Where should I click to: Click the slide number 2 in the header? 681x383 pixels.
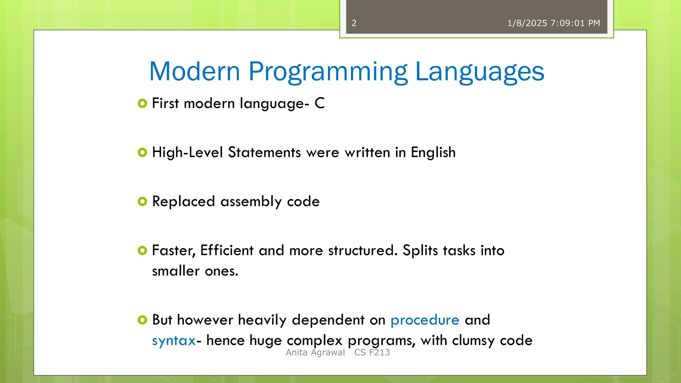pos(354,23)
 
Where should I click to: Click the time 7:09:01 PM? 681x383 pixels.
pos(575,23)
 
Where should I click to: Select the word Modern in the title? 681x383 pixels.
pos(195,71)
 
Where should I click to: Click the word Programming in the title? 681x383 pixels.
pos(328,72)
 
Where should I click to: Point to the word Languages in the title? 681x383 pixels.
pos(479,72)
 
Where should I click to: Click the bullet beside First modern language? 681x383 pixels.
pos(142,103)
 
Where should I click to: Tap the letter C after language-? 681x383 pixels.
pos(320,103)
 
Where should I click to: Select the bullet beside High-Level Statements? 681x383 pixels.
pos(142,153)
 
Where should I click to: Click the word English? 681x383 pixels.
pos(433,153)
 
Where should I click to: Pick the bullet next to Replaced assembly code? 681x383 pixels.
pos(142,201)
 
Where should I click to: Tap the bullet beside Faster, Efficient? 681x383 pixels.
pos(142,250)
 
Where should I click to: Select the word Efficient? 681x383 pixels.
pos(227,250)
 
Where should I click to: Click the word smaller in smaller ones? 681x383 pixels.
pos(176,271)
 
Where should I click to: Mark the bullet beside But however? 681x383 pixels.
pos(142,320)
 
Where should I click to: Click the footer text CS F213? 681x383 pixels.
pos(372,352)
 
